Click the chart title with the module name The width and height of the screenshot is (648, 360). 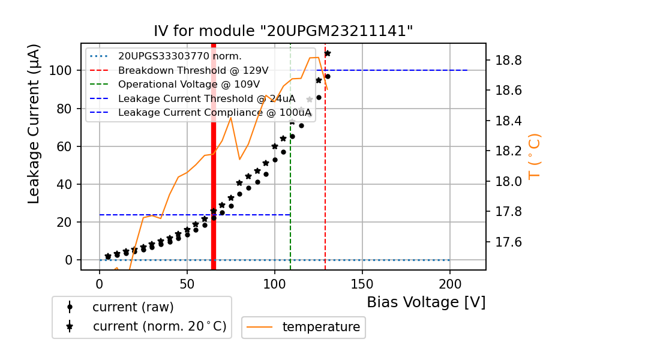tap(283, 31)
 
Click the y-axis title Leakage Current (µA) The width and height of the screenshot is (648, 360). tap(35, 124)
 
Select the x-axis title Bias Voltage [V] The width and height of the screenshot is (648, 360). tap(426, 302)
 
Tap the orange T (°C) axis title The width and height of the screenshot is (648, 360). tap(534, 156)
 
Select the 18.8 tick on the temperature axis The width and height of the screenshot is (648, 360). tap(508, 61)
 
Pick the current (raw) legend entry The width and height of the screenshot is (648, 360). tap(133, 307)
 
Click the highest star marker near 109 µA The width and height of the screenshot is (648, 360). tap(327, 53)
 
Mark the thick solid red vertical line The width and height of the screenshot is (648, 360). tap(213, 180)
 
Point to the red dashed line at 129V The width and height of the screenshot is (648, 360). tap(325, 180)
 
